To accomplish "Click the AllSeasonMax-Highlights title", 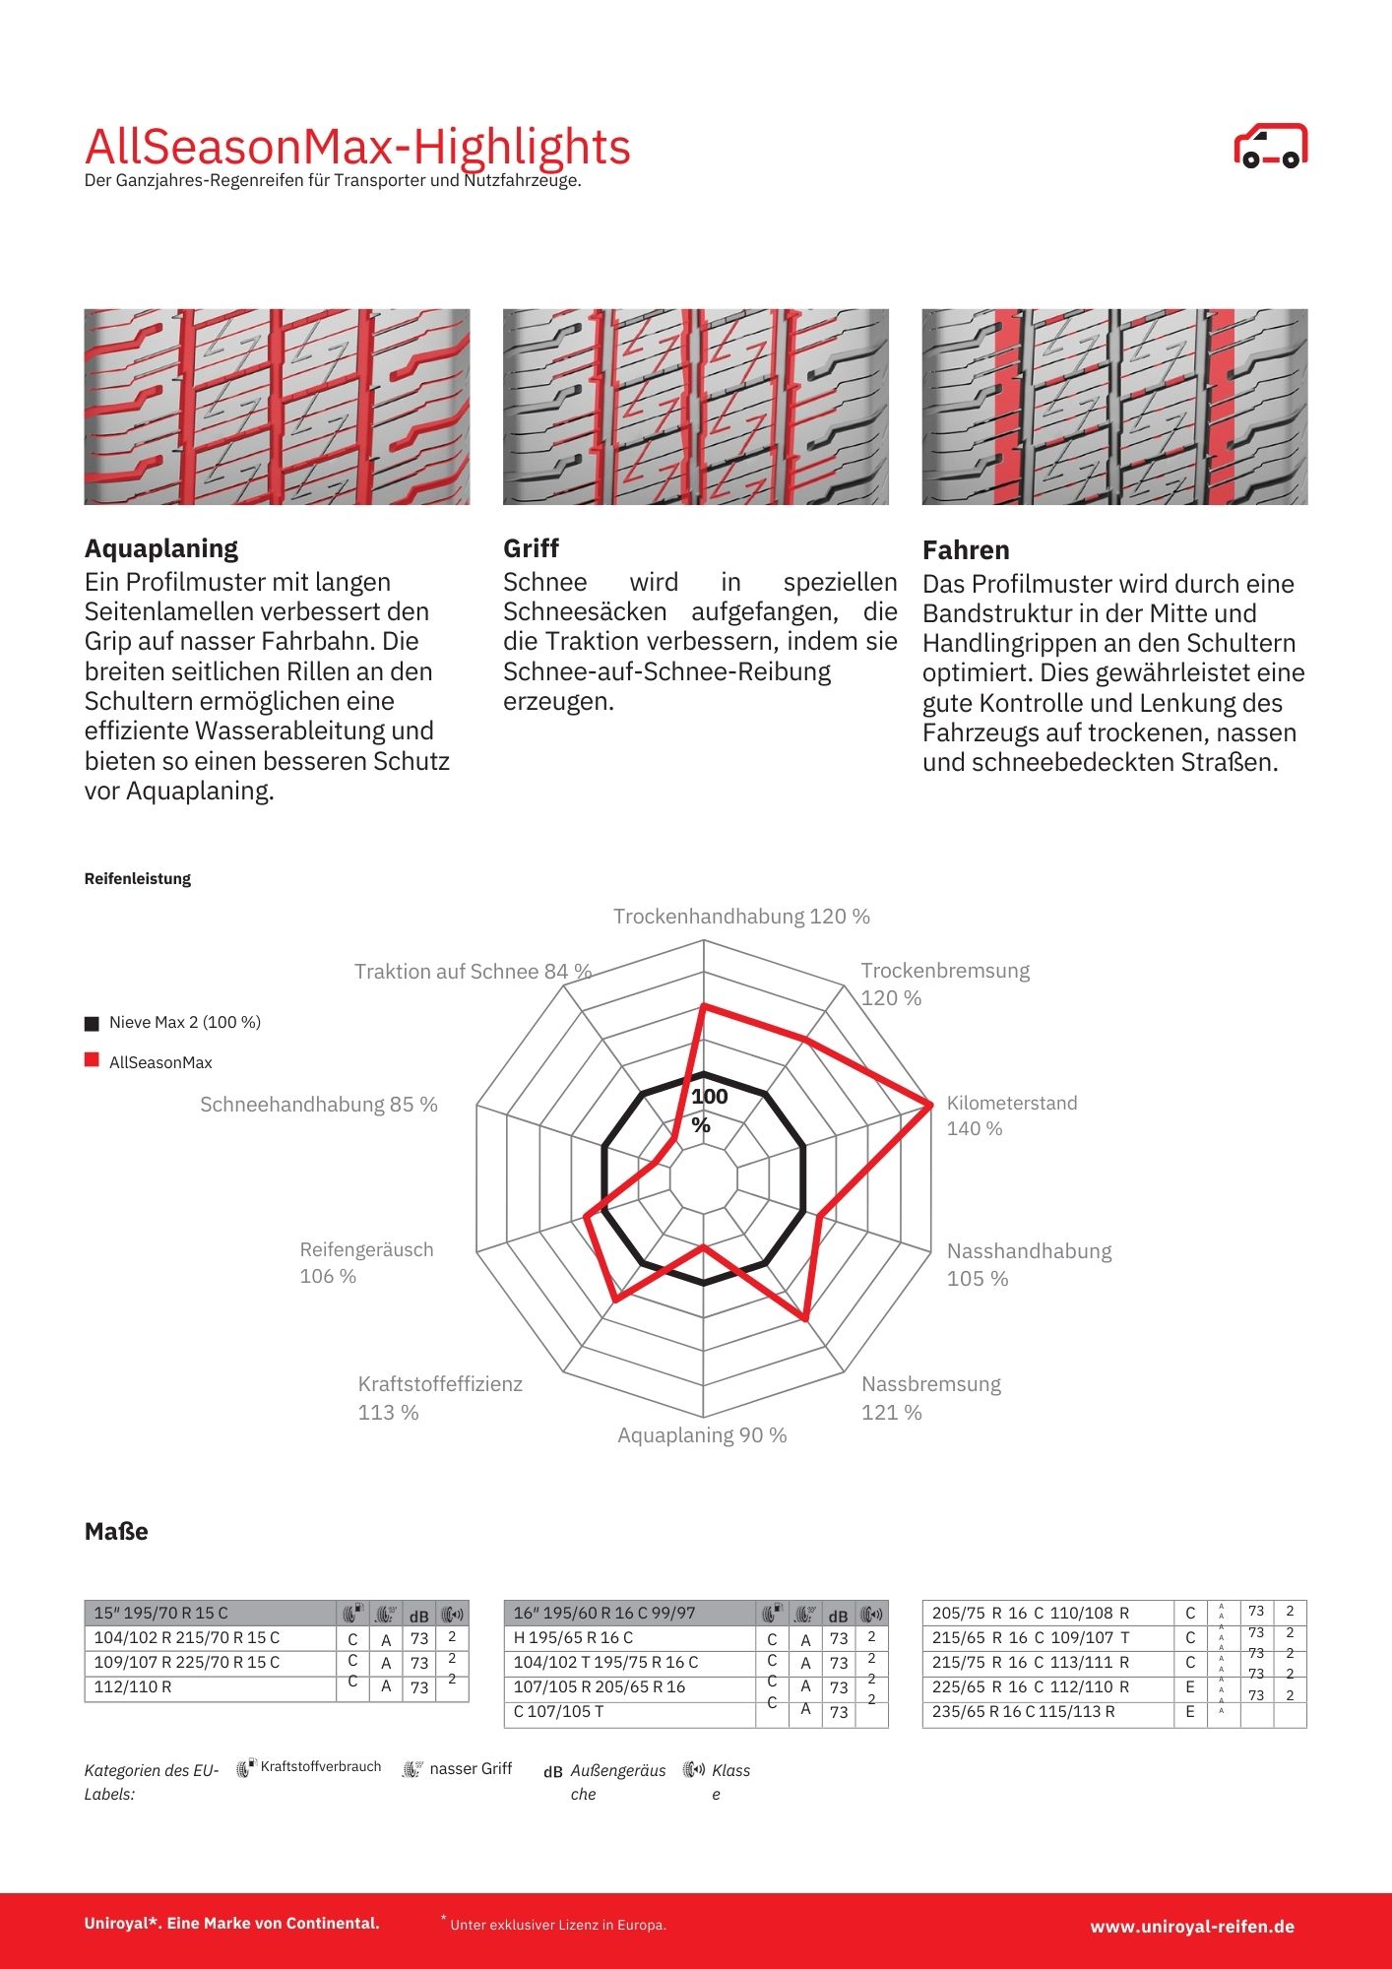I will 356,147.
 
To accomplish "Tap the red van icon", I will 1270,147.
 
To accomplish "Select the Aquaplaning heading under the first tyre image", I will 161,548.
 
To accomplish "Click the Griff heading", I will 531,548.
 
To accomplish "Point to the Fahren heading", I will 966,550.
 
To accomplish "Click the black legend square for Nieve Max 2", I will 93,1023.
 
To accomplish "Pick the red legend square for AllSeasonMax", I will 93,1060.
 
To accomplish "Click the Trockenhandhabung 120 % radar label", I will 741,917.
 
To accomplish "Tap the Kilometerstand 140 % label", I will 1011,1115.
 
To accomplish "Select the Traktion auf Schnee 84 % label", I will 473,972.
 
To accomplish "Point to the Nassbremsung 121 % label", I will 930,1398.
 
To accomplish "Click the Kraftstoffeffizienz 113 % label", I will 440,1398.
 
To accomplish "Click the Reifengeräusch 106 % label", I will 366,1263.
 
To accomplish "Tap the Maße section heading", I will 116,1532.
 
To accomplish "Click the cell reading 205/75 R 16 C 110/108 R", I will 1031,1613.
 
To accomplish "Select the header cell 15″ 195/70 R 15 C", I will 160,1613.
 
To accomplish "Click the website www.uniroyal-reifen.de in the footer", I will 1191,1927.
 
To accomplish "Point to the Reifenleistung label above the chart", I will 138,879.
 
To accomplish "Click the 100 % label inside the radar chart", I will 708,1110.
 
